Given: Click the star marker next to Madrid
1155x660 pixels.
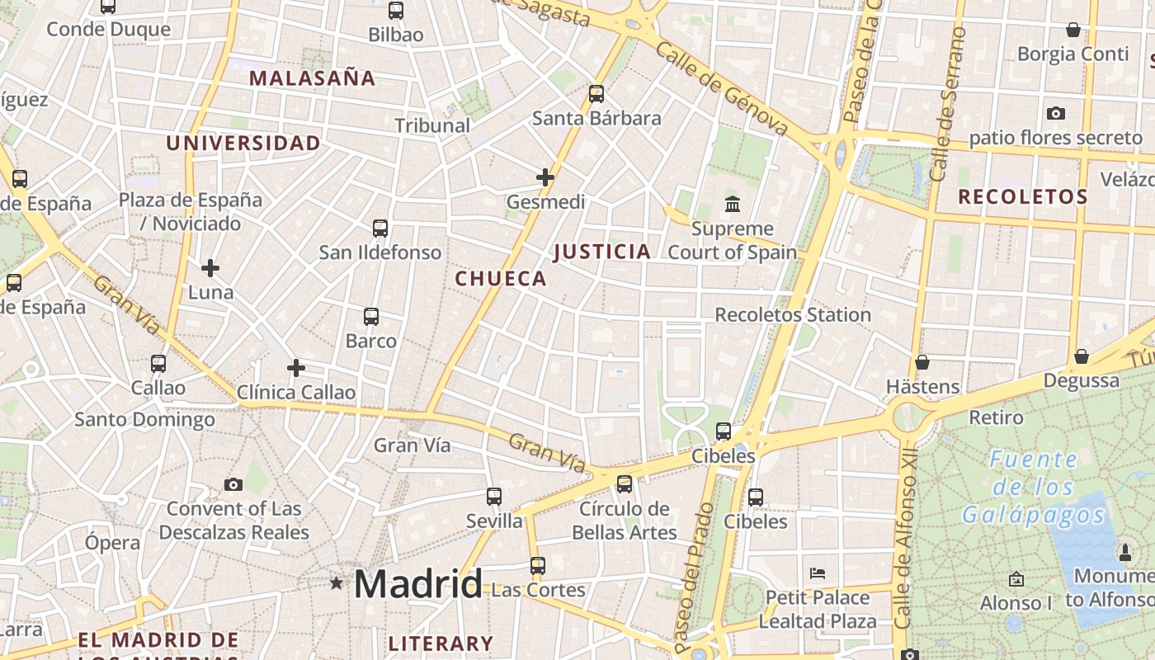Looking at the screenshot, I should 336,583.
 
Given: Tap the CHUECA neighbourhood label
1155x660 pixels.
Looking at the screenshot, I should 501,279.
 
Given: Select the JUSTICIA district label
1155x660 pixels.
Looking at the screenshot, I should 602,252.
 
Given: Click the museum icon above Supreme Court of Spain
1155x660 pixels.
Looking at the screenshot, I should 732,203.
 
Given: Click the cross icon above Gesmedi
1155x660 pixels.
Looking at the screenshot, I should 545,177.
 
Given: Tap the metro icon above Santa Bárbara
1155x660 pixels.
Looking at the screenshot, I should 596,94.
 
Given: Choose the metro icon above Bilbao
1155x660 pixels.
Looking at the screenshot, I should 396,11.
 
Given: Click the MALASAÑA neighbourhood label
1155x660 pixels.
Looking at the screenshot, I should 312,78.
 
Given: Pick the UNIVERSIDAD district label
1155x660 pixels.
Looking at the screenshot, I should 243,144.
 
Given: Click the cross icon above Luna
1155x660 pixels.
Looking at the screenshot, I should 210,268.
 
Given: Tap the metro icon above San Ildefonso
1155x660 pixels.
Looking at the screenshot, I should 380,229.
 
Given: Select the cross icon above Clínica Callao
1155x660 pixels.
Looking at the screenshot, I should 296,368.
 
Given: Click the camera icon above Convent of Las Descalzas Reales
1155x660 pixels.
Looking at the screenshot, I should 233,484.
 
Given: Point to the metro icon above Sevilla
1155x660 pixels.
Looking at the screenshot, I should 494,497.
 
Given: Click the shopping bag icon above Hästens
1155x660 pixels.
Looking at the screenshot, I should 922,362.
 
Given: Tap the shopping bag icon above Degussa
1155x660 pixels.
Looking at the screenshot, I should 1081,356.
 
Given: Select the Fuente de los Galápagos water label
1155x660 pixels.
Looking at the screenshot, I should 1034,488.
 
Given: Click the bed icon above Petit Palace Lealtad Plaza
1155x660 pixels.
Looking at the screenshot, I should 818,573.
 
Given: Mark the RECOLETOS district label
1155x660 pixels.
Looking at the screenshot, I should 1023,197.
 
